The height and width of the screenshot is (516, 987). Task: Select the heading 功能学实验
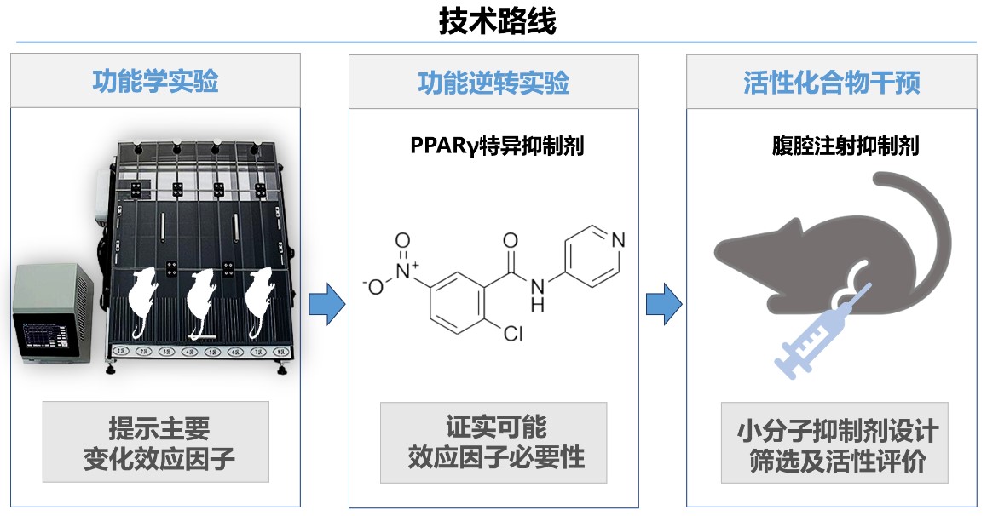point(155,82)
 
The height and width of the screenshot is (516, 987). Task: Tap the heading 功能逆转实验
point(493,83)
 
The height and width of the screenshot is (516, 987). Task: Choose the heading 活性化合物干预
point(831,83)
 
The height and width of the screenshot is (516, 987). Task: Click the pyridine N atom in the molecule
point(618,240)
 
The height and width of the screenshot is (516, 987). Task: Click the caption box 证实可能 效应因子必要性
point(493,442)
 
